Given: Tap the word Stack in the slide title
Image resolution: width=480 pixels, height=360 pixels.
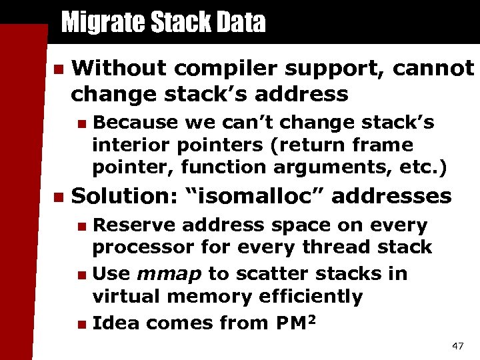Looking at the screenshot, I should pyautogui.click(x=174, y=23).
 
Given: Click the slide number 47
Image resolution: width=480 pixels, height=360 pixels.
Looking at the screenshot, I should pyautogui.click(x=457, y=346).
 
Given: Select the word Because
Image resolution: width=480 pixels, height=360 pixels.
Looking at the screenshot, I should pyautogui.click(x=135, y=123).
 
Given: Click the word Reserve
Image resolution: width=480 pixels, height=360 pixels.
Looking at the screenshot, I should pyautogui.click(x=136, y=225).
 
